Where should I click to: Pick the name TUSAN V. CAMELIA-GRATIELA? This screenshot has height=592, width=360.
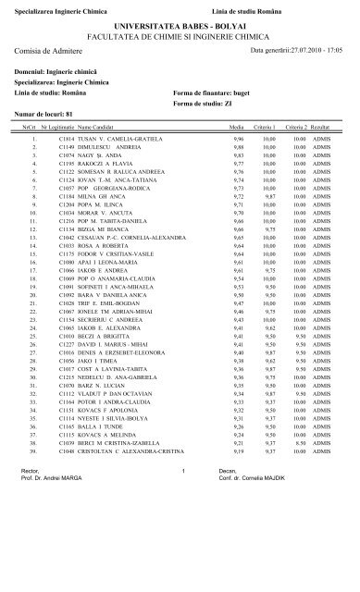pyautogui.click(x=126, y=138)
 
